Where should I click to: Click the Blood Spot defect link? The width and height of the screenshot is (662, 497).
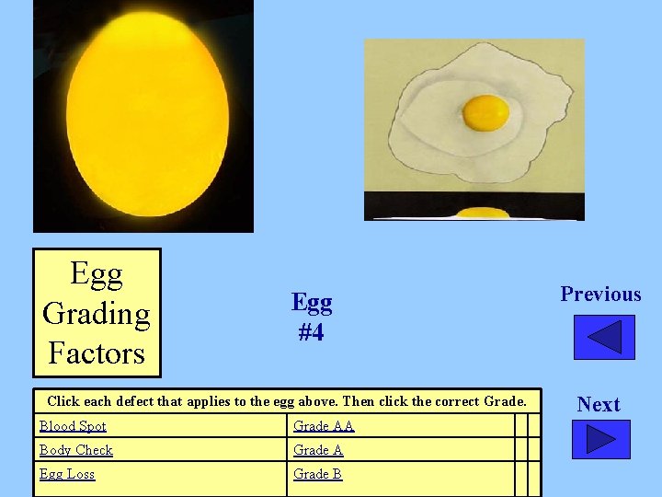click(x=73, y=426)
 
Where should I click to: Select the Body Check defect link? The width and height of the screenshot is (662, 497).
click(x=75, y=450)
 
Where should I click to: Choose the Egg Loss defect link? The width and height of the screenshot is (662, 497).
click(x=66, y=474)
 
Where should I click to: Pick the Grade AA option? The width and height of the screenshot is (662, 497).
click(x=324, y=426)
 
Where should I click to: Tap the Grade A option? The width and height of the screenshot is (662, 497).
click(x=318, y=450)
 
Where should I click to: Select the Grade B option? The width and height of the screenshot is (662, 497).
click(x=318, y=474)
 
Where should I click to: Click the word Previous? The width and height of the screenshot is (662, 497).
click(x=600, y=295)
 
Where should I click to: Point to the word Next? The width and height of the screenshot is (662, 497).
click(x=599, y=404)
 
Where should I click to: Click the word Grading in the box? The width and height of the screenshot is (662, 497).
click(x=97, y=314)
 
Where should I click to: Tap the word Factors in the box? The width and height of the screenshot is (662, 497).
click(x=97, y=353)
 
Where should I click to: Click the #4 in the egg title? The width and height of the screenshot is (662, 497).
click(x=311, y=332)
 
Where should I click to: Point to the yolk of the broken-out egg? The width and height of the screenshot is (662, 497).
click(x=485, y=112)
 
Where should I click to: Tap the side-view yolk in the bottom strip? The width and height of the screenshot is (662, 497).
click(x=483, y=214)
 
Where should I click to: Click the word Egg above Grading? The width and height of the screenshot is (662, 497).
click(x=97, y=274)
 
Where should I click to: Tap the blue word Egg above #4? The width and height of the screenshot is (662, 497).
click(x=312, y=302)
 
